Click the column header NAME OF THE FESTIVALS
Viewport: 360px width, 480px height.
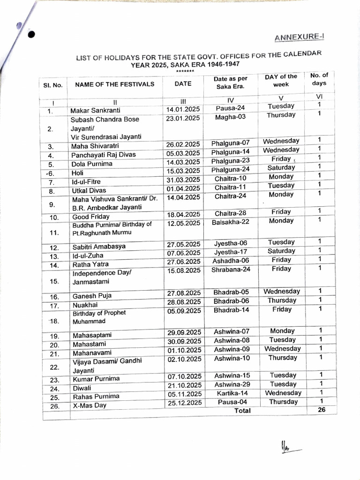[x=114, y=84]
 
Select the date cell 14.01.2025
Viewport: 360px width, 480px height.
[x=183, y=109]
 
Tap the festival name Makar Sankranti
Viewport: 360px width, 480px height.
[x=96, y=111]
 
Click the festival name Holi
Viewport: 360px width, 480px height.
[x=77, y=173]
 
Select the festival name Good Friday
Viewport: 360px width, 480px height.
[x=91, y=217]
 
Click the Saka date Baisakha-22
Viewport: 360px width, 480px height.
[x=230, y=221]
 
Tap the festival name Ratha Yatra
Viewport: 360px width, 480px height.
[x=90, y=264]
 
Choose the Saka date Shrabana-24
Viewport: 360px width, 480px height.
[x=231, y=270]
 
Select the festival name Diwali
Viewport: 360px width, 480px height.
[x=82, y=388]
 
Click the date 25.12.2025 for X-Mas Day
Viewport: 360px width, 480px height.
[x=185, y=403]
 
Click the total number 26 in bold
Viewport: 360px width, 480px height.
[x=321, y=409]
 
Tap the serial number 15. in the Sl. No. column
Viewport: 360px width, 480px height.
[x=54, y=281]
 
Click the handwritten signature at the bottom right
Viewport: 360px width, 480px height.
[x=286, y=447]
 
